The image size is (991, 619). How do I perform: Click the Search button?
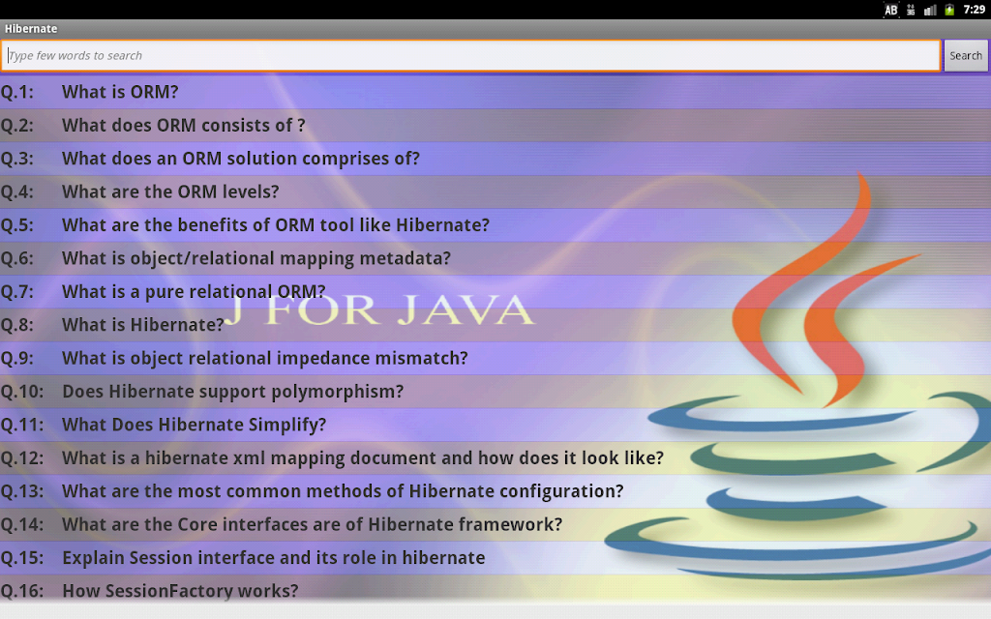pyautogui.click(x=966, y=55)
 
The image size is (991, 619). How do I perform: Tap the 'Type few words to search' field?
pyautogui.click(x=471, y=55)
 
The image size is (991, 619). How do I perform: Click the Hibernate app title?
pyautogui.click(x=31, y=28)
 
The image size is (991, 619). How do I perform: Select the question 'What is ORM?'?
pyautogui.click(x=120, y=92)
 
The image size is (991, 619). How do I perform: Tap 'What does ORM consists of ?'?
pyautogui.click(x=183, y=125)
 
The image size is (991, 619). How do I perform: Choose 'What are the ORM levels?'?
pyautogui.click(x=170, y=192)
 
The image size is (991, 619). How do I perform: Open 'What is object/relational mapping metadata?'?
pyautogui.click(x=255, y=258)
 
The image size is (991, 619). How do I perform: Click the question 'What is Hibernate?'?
pyautogui.click(x=143, y=325)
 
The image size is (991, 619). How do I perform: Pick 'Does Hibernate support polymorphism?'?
pyautogui.click(x=232, y=392)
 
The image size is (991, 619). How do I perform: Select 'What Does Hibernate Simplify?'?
pyautogui.click(x=194, y=425)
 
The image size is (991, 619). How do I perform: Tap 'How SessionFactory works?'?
pyautogui.click(x=180, y=591)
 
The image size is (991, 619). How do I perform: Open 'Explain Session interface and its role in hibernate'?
pyautogui.click(x=274, y=558)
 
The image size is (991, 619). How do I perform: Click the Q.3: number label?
pyautogui.click(x=17, y=159)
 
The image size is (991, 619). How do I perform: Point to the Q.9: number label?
pyautogui.click(x=17, y=358)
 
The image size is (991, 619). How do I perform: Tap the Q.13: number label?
pyautogui.click(x=22, y=491)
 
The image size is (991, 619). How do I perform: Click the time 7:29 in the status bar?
pyautogui.click(x=974, y=10)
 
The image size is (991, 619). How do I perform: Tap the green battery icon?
pyautogui.click(x=949, y=10)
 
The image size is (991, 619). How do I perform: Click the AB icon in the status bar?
pyautogui.click(x=890, y=10)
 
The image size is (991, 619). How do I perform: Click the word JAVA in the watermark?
pyautogui.click(x=465, y=309)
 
